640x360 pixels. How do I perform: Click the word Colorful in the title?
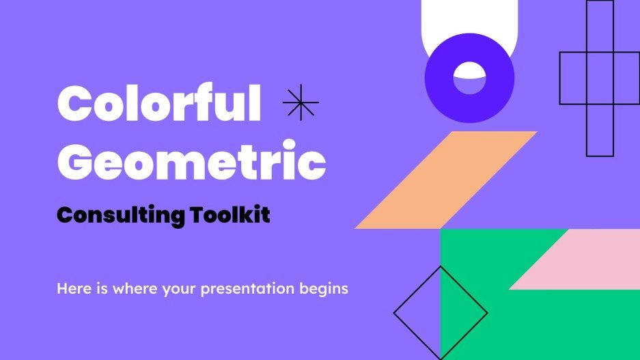159,105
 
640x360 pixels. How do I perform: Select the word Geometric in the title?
191,161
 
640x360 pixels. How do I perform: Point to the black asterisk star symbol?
301,104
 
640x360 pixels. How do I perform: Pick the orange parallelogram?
446,180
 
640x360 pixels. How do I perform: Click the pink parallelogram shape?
581,260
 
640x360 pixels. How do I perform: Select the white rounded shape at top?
470,24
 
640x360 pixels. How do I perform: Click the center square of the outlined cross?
600,78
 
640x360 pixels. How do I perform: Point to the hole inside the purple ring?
469,78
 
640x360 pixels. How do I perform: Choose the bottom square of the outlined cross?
600,130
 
